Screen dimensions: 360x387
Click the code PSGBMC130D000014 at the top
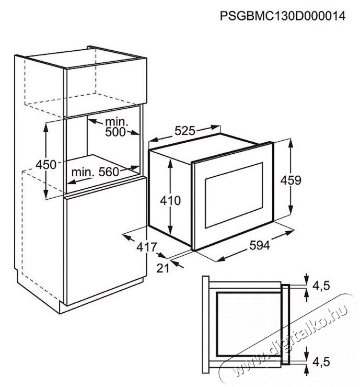[283, 16]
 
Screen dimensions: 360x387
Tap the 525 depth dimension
[185, 131]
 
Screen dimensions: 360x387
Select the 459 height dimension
[291, 180]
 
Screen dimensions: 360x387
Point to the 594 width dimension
[260, 245]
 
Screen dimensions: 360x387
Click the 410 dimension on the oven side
[170, 200]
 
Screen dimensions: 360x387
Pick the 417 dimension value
[147, 247]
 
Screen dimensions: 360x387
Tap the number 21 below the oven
[163, 268]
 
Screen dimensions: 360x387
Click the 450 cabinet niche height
[46, 164]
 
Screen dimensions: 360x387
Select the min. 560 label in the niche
[95, 172]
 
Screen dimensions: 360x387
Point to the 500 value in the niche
[115, 132]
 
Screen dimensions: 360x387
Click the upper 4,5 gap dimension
[321, 286]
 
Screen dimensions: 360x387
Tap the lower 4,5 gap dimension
[321, 361]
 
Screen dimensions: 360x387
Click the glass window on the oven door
[234, 195]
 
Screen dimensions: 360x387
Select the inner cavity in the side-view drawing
[249, 325]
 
